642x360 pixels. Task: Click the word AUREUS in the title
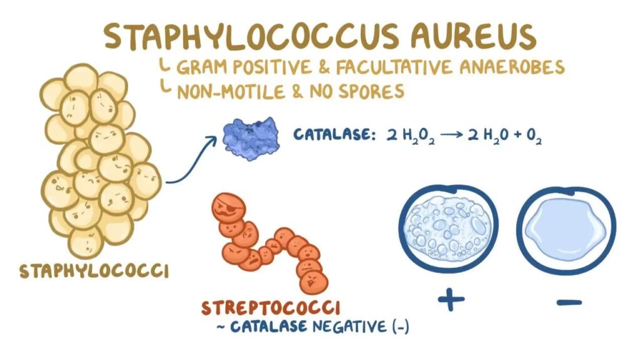473,36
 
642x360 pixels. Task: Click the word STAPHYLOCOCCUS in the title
251,36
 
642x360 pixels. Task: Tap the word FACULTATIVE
394,67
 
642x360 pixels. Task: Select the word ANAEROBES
512,67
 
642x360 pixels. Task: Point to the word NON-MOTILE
231,92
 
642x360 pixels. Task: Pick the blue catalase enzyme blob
251,139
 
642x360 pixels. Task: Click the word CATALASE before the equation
334,134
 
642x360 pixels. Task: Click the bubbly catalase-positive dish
448,229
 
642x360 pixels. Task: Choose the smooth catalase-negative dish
566,231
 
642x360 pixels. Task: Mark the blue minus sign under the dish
569,303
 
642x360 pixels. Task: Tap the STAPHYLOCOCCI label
94,271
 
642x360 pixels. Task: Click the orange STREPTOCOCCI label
271,308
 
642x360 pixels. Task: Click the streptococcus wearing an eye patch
229,208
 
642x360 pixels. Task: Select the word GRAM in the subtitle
201,67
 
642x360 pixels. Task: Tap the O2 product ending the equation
534,135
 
